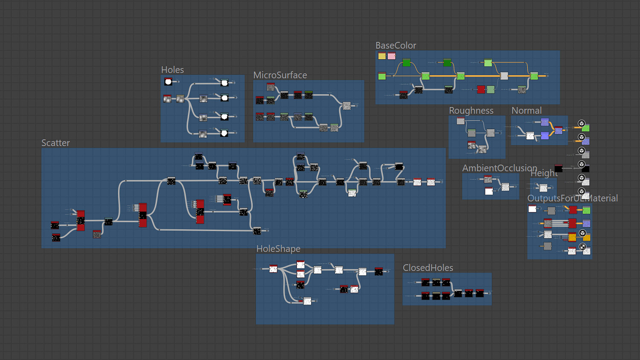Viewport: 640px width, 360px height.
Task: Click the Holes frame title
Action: click(172, 70)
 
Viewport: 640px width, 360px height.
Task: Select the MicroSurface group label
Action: click(280, 75)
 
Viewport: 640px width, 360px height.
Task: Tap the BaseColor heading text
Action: click(396, 46)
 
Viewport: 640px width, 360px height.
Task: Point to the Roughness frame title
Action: click(471, 111)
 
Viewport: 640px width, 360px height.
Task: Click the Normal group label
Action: click(527, 111)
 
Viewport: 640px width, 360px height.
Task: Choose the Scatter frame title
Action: click(55, 143)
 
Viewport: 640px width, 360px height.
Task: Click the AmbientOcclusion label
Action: click(500, 168)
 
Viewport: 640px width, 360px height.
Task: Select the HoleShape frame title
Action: click(278, 249)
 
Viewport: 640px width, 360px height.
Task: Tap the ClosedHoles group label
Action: click(428, 268)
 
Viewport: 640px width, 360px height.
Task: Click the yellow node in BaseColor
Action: click(382, 56)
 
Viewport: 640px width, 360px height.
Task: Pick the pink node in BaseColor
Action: click(391, 56)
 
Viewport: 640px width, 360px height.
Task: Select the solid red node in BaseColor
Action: click(481, 90)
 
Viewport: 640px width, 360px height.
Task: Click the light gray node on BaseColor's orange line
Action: click(504, 76)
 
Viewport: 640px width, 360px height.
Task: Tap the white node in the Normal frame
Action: click(530, 136)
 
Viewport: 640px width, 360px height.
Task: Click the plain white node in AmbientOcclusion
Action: click(489, 191)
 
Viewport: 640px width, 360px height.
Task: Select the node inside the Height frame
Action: click(543, 188)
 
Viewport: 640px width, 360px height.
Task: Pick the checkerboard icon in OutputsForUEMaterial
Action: click(582, 247)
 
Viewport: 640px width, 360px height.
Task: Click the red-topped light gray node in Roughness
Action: click(460, 121)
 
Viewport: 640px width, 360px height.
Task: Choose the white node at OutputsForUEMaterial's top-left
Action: click(532, 209)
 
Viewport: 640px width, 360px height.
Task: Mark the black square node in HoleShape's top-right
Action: click(378, 271)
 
